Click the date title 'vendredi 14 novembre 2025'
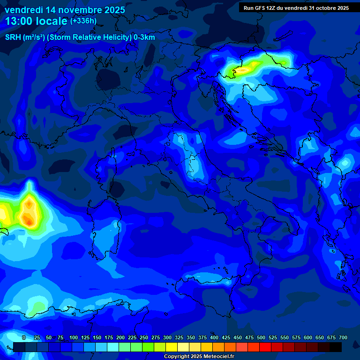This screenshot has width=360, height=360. point(65,10)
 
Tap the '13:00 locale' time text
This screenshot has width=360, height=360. point(37,21)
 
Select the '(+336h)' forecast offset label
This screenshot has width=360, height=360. point(83,21)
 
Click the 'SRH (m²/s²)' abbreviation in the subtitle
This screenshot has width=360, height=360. point(25,37)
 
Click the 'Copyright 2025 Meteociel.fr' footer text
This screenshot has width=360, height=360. point(199,357)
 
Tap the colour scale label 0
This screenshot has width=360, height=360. point(24,337)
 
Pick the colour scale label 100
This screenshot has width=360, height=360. point(74,337)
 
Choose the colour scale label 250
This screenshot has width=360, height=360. point(144,337)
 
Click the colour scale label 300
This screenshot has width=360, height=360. point(167,337)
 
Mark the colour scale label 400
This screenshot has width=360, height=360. point(214,337)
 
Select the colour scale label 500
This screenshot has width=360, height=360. point(261,337)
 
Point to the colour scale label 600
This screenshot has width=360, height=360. point(308,337)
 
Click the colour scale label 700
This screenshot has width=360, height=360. point(343,337)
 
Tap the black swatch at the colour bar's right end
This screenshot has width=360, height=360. point(336,347)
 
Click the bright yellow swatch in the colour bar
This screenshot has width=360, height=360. point(172,347)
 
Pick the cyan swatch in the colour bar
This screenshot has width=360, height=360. point(113,347)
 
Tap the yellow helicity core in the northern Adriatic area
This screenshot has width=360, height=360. point(244,70)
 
